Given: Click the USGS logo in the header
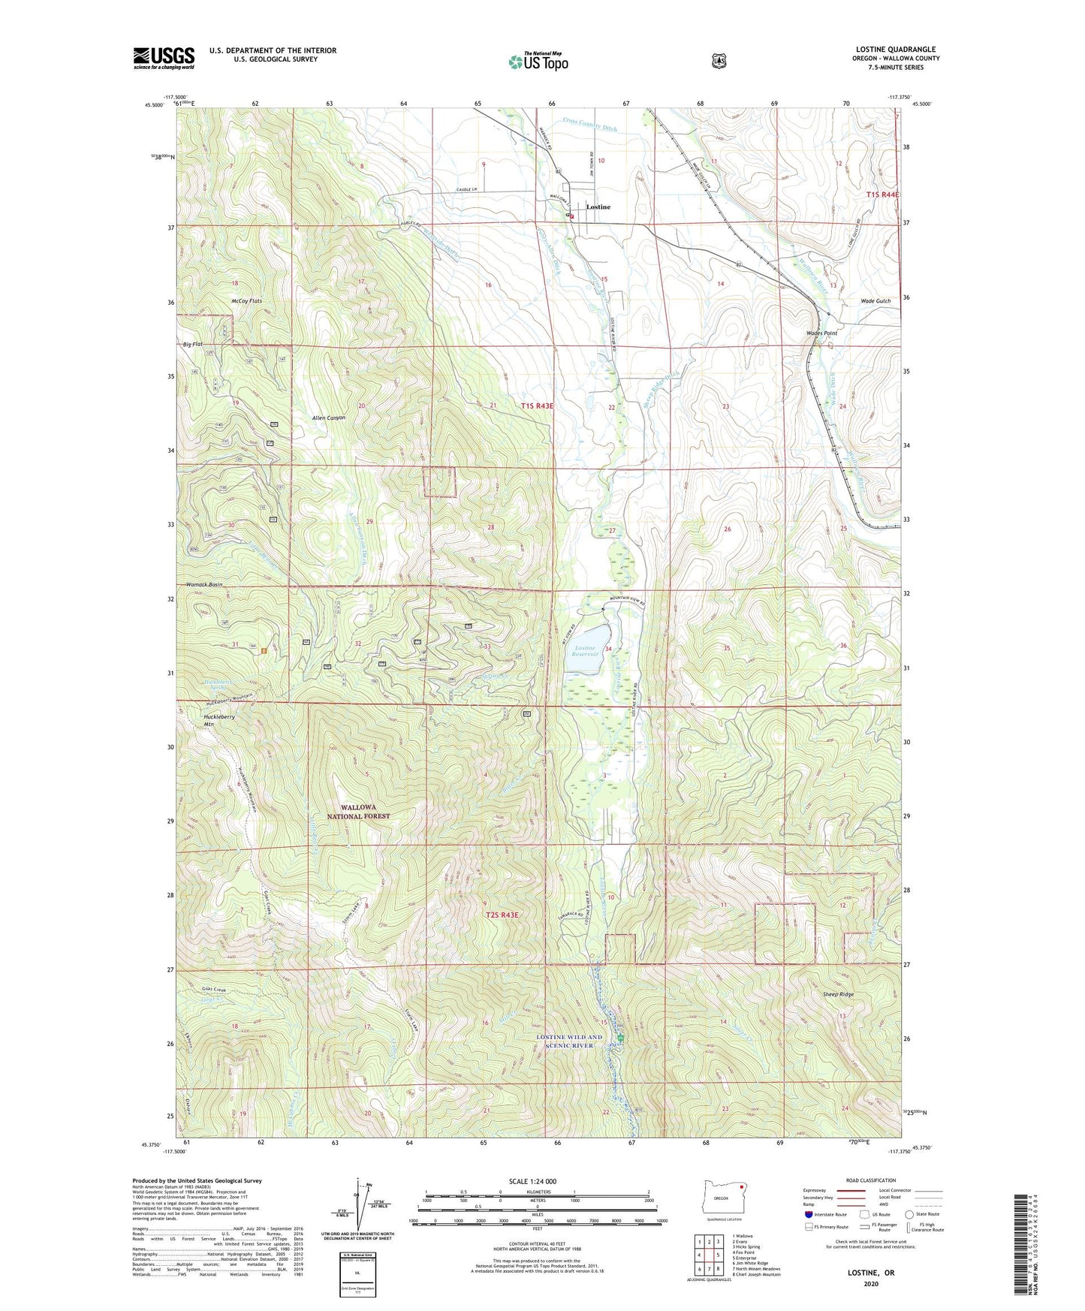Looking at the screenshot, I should pyautogui.click(x=164, y=58).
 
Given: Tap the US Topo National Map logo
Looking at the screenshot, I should pyautogui.click(x=538, y=62).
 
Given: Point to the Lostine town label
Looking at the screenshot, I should pyautogui.click(x=598, y=206).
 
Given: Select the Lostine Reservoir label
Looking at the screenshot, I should pyautogui.click(x=586, y=651).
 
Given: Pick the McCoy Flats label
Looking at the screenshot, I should pyautogui.click(x=247, y=301).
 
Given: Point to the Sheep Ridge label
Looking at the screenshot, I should pyautogui.click(x=838, y=994).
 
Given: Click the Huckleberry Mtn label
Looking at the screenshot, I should pyautogui.click(x=219, y=721).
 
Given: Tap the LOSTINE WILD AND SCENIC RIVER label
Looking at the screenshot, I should pyautogui.click(x=569, y=1041).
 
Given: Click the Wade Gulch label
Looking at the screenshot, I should pyautogui.click(x=876, y=301).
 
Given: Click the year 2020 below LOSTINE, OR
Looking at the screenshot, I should pyautogui.click(x=870, y=1283).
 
